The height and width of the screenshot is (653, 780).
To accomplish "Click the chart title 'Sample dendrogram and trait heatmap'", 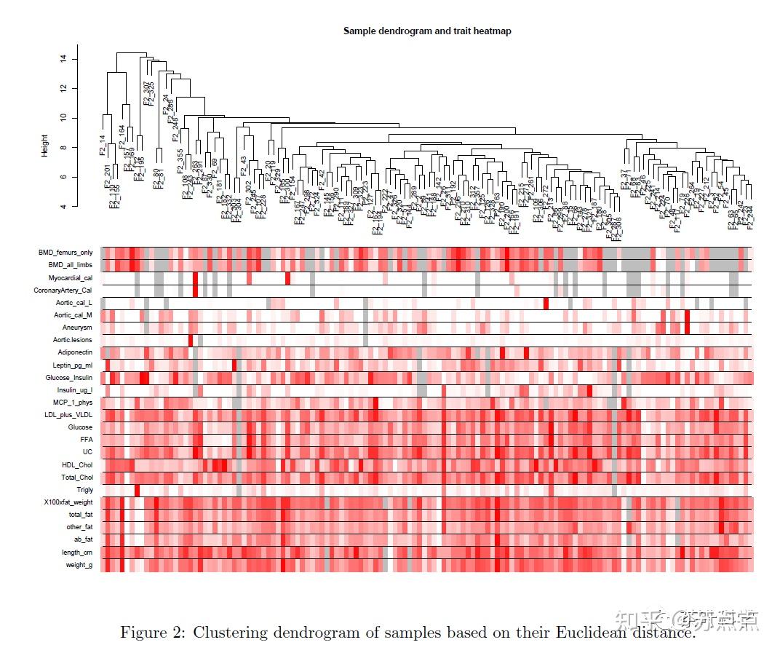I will [x=427, y=31].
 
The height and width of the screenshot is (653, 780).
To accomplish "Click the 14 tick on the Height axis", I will [x=65, y=58].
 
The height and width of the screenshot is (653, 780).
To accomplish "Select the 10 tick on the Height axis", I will [x=65, y=117].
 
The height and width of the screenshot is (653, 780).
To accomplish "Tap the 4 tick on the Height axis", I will [x=65, y=207].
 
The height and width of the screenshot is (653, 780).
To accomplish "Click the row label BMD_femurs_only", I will [x=65, y=253].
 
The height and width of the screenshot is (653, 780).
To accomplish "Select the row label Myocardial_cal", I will [x=71, y=277].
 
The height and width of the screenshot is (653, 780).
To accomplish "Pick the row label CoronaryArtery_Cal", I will [x=63, y=290].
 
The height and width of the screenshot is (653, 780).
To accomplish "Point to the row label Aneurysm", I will [x=77, y=328].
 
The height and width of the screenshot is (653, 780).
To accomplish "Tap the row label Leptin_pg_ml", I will [x=72, y=365].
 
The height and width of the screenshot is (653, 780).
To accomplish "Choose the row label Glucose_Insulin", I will [x=68, y=377].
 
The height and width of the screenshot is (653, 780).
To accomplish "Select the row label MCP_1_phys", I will [x=73, y=402].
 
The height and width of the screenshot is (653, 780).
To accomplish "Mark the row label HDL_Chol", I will [x=77, y=464].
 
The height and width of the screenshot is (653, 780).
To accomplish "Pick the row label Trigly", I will [x=84, y=490].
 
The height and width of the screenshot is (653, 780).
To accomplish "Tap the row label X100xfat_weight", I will [x=68, y=502].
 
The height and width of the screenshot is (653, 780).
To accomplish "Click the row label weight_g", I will [x=79, y=565].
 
